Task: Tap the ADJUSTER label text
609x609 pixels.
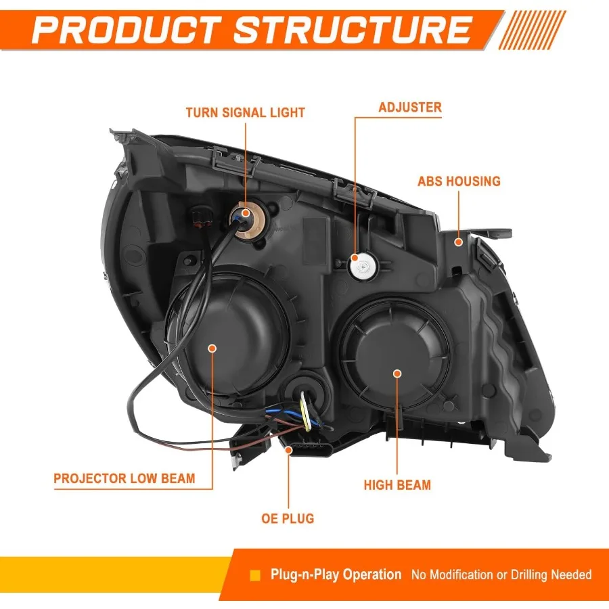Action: tap(410, 107)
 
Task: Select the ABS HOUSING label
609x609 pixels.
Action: tap(459, 181)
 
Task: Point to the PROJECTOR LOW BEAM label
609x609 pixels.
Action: tap(125, 478)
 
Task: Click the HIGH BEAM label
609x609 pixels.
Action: tap(397, 484)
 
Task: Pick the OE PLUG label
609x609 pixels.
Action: tap(288, 519)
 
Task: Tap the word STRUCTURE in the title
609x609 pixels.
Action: tap(352, 30)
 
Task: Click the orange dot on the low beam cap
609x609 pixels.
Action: tap(212, 348)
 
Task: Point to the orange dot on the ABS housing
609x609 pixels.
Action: tap(459, 242)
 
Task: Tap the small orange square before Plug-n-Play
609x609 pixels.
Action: tap(255, 576)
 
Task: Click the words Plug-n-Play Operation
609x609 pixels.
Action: tap(336, 575)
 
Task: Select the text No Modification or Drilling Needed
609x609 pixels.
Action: tap(501, 575)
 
